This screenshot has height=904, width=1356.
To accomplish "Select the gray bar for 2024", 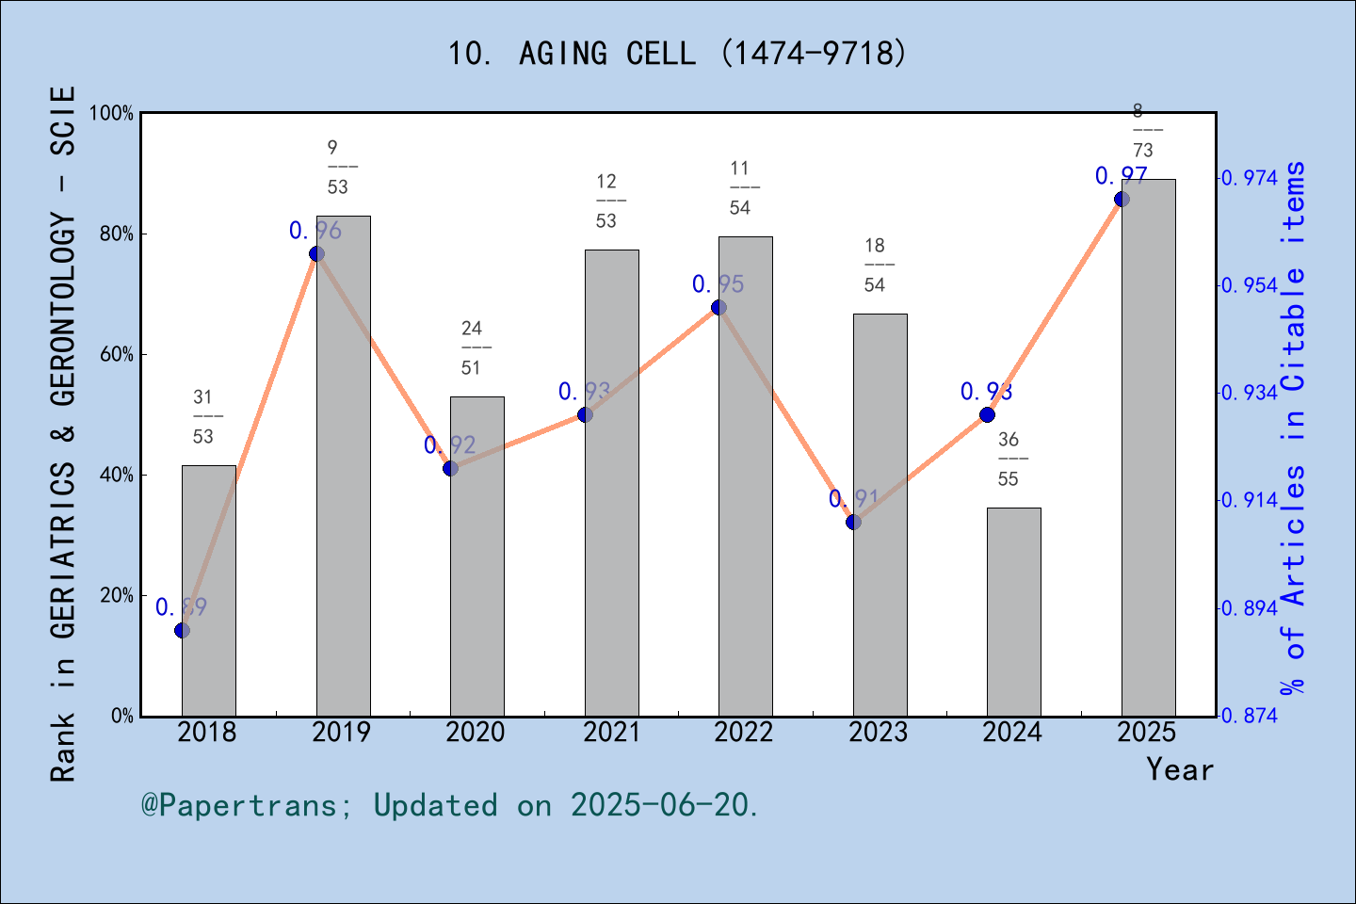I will pos(1014,612).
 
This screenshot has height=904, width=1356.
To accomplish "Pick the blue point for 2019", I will pos(316,254).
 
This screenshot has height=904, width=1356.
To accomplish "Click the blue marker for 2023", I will pos(854,522).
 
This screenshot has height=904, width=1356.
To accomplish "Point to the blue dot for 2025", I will pos(1122,199).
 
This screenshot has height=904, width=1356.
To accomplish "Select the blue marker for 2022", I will pos(718,307).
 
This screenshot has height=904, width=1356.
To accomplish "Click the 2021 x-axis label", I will pos(611,733).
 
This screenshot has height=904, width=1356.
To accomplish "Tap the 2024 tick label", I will pos(1012,733).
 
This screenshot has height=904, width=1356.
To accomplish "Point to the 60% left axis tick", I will pos(117,355).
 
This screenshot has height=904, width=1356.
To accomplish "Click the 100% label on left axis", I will pos(112,114).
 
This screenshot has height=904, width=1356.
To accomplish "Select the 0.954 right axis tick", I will pos(1250,285).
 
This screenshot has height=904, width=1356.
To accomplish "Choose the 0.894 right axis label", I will pos(1250,608).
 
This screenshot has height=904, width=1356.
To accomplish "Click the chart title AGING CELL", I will pos(677,54).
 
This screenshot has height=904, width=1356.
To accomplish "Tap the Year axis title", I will pos(1180,770).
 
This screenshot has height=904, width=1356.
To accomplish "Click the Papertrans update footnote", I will pos(450,805).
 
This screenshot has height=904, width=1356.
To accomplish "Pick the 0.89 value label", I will pos(181,607).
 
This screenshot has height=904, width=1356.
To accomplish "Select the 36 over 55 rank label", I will pos(1009,460).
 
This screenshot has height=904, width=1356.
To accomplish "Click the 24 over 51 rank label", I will pos(472,348).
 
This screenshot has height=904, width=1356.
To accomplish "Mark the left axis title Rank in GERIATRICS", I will pos(62,433).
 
